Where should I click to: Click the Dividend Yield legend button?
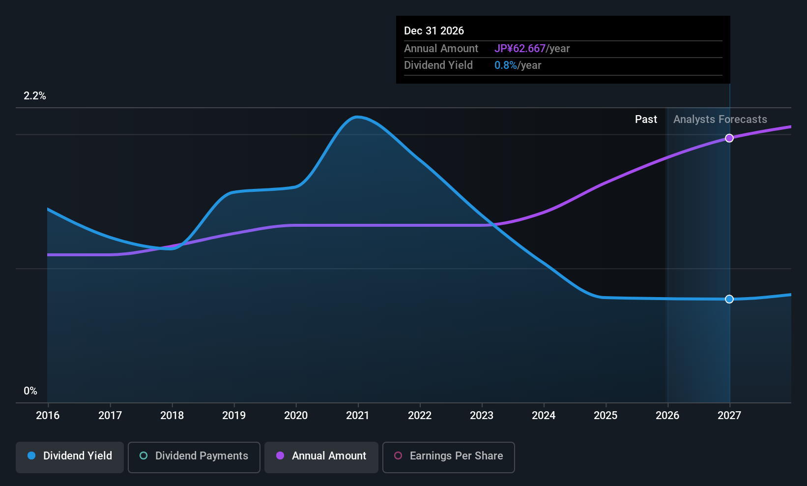tap(69, 457)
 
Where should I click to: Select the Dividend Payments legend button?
tap(194, 457)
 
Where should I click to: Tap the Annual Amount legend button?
tap(321, 457)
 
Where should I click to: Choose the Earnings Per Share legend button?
tap(449, 457)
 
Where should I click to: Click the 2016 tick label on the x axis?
tap(48, 415)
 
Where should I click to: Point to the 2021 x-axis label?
tap(358, 415)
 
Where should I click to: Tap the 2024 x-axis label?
tap(544, 415)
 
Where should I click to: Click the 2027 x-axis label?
tap(729, 415)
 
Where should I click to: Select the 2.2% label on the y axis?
tap(35, 96)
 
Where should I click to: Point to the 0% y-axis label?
tap(30, 391)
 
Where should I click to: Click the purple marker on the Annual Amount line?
tap(729, 138)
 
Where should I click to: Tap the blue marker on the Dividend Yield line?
tap(729, 299)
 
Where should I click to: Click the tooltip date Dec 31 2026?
tap(434, 30)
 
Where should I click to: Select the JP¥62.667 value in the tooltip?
tap(520, 48)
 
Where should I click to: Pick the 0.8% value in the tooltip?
tap(505, 65)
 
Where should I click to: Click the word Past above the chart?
tap(646, 120)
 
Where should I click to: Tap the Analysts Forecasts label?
tap(720, 120)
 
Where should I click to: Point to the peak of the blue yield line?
tap(357, 117)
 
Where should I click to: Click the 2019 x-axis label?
tap(234, 415)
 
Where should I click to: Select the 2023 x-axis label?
tap(482, 415)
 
